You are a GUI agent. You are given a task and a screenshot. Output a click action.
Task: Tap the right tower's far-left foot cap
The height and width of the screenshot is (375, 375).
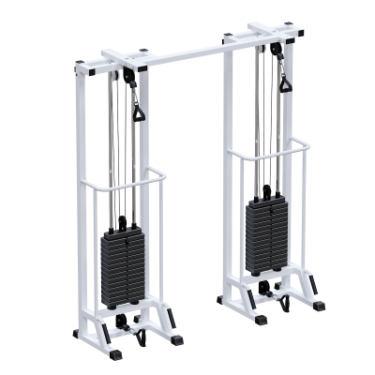pyautogui.click(x=222, y=301)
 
